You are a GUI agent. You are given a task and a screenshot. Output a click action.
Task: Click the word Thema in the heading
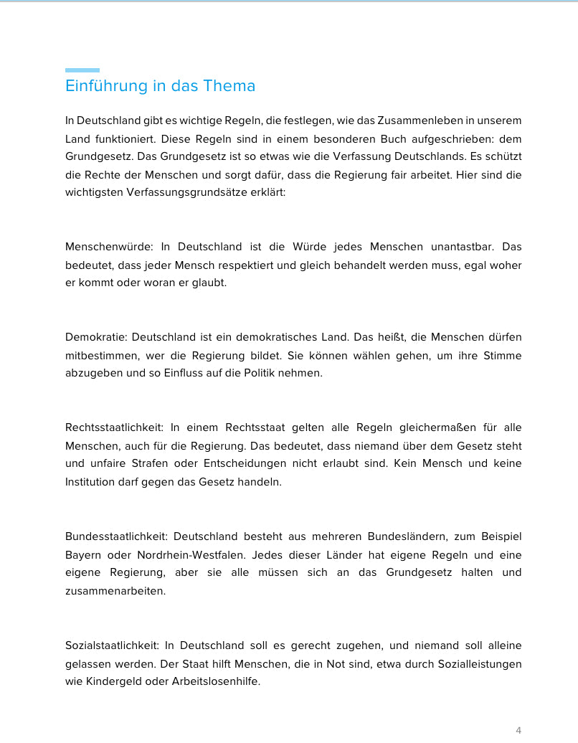[229, 86]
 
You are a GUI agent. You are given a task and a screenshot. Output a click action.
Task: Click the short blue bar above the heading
[82, 70]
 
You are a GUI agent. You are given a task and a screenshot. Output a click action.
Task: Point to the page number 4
[518, 730]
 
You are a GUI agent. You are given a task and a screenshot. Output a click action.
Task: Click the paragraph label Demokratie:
[96, 337]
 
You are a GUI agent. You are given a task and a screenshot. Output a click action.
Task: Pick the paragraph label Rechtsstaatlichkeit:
[113, 428]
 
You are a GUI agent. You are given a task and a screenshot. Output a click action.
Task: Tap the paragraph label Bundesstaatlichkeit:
[116, 536]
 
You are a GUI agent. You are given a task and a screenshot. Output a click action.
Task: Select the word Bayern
[82, 555]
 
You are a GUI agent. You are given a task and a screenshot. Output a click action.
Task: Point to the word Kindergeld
[115, 681]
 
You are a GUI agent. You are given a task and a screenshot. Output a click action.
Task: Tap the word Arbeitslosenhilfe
[215, 681]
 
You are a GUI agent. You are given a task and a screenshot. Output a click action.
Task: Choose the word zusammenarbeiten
[115, 591]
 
